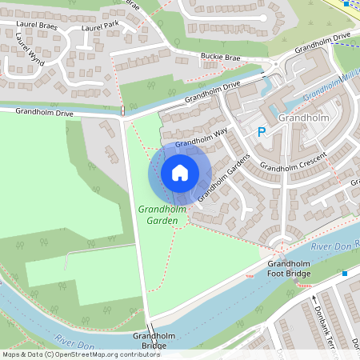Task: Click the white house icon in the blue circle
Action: point(180,173)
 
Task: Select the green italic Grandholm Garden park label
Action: point(162,215)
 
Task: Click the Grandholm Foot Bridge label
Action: point(289,269)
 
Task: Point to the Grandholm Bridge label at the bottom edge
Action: point(150,341)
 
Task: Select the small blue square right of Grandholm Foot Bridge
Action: point(345,273)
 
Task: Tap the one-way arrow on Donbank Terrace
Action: point(313,302)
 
